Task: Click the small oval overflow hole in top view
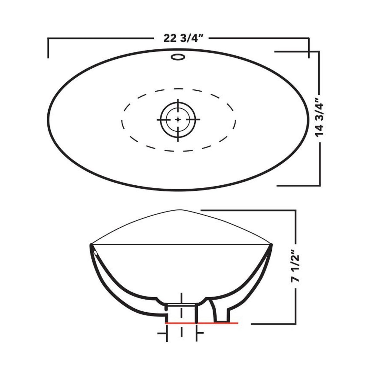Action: click(x=178, y=57)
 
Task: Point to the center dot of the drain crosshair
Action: click(x=178, y=119)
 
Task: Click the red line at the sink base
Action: click(x=202, y=323)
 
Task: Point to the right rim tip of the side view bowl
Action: click(x=271, y=245)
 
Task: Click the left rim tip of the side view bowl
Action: click(x=91, y=245)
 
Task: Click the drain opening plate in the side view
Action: click(x=181, y=304)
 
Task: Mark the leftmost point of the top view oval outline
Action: click(x=48, y=119)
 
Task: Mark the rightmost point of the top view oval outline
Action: click(x=309, y=119)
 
